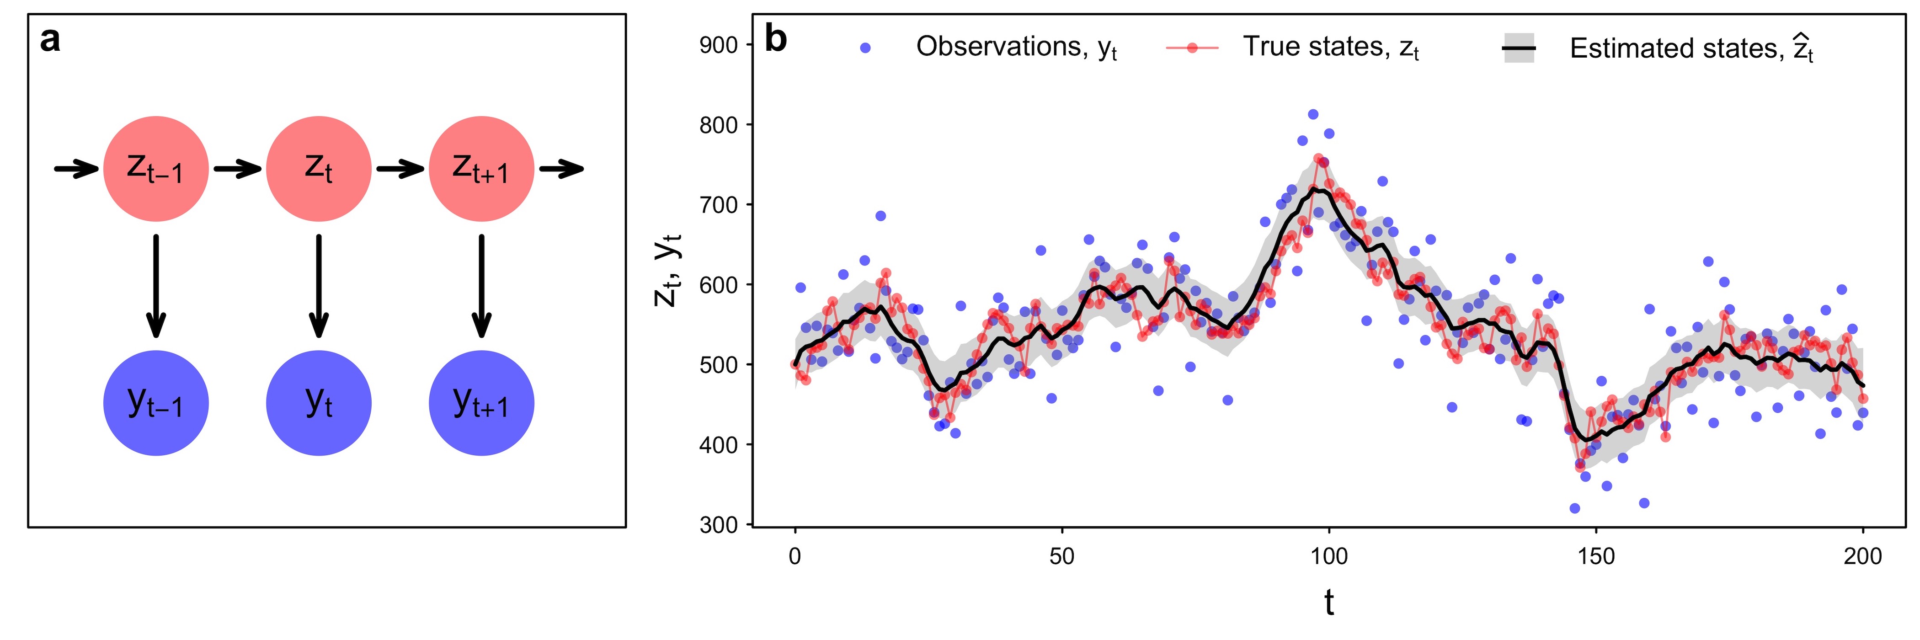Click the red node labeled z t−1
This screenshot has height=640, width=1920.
156,169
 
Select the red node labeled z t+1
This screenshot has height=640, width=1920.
481,169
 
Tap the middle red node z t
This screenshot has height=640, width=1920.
319,169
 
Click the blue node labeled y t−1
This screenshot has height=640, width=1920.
156,403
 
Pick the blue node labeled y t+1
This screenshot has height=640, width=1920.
481,403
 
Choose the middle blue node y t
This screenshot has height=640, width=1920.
319,403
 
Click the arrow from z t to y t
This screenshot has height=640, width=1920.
319,286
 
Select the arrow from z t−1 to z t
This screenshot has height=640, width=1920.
238,169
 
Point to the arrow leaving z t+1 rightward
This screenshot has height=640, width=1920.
562,169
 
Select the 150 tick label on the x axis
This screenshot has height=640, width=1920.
1596,556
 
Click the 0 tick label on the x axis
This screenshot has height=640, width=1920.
795,556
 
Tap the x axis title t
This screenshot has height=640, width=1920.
1329,602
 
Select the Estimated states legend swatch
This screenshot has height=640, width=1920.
1518,48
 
